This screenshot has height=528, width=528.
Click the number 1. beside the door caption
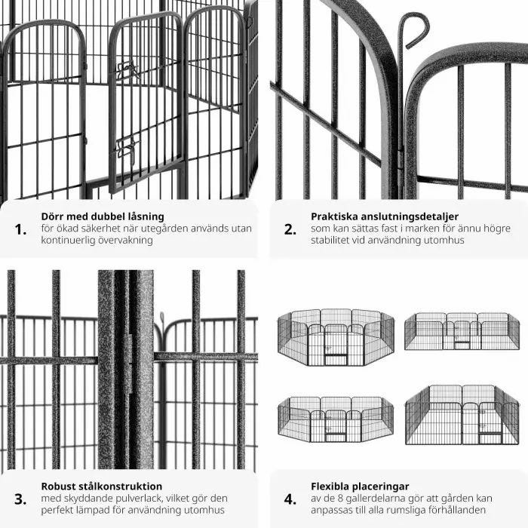click(20, 229)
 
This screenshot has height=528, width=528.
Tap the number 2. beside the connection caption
click(290, 229)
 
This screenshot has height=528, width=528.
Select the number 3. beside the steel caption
click(20, 499)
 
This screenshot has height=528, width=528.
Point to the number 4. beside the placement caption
click(290, 499)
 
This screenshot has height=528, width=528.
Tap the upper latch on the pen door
click(127, 69)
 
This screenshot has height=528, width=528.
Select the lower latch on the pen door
click(126, 148)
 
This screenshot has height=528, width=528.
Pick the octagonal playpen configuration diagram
click(336, 337)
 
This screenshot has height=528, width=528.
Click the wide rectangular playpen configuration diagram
click(462, 331)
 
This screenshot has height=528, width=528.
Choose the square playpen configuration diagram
click(462, 415)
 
